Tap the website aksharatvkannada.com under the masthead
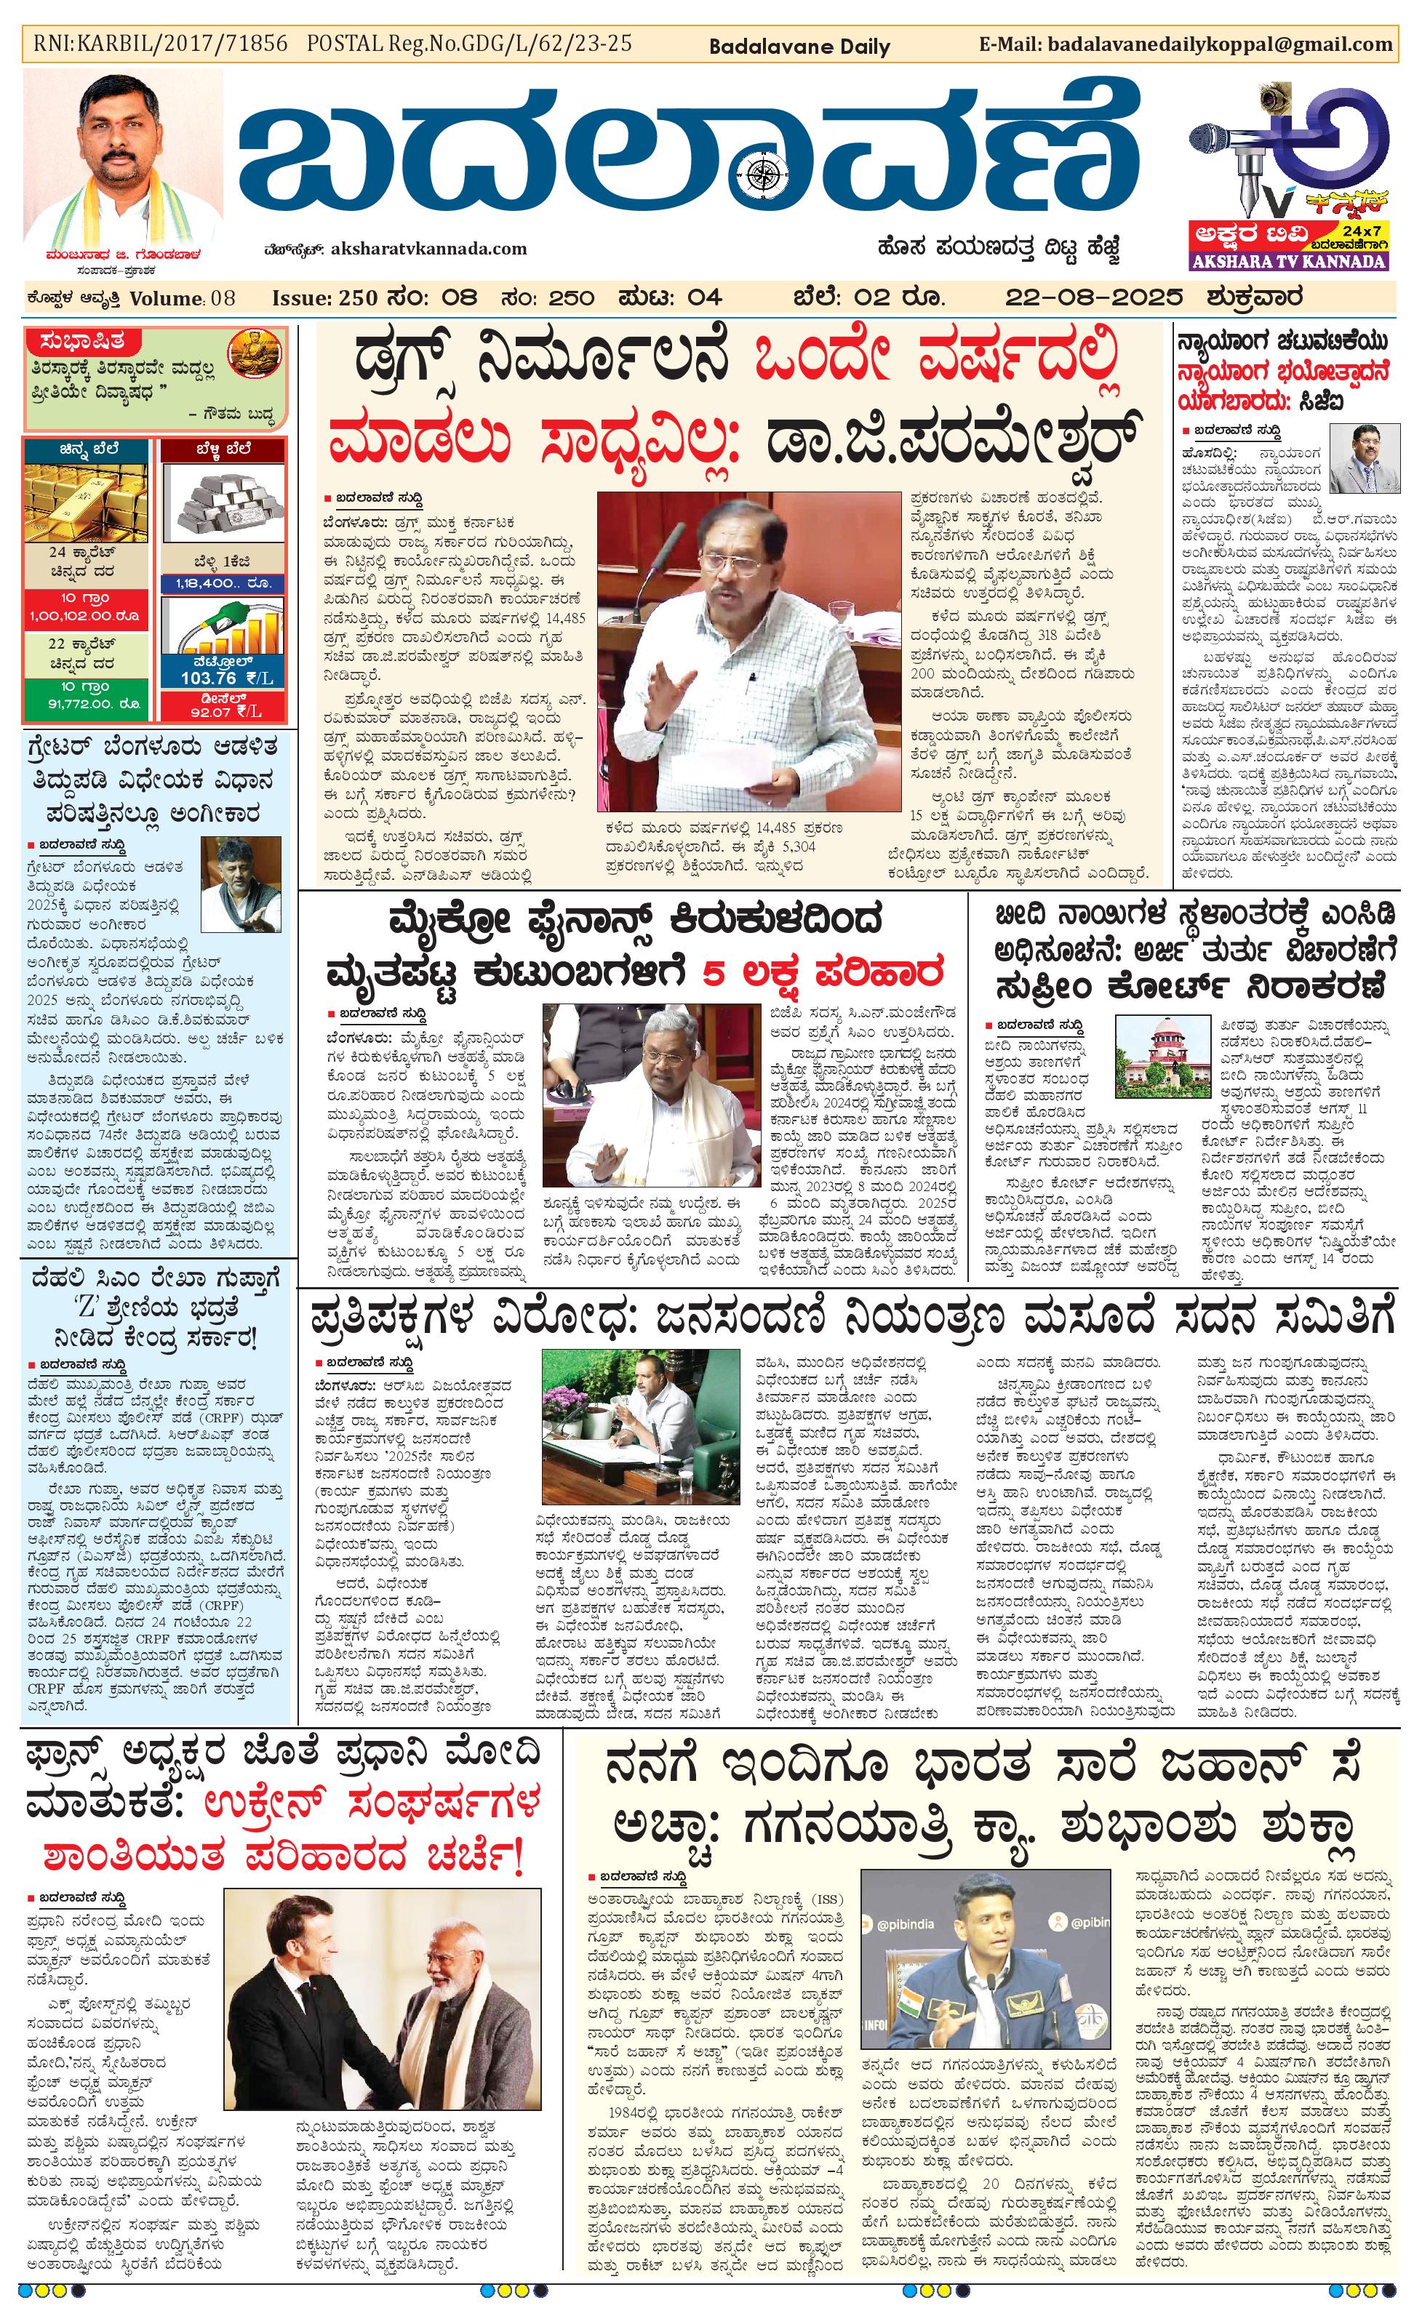point(428,249)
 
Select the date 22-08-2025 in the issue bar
point(1093,298)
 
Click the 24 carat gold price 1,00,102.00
point(87,615)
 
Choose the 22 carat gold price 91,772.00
point(87,703)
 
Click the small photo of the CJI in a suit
point(1362,460)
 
